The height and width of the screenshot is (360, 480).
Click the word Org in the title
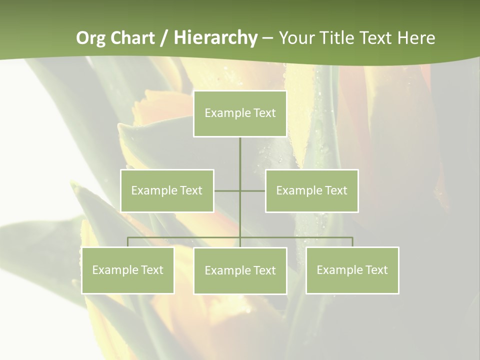(x=90, y=38)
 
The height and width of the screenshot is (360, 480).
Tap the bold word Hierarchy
(x=215, y=38)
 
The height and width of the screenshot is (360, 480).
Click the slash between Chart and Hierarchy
(x=164, y=38)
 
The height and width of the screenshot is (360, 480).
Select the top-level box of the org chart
(x=240, y=113)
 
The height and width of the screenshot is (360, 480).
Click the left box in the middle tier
(x=167, y=190)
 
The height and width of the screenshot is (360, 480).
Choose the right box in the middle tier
(x=311, y=190)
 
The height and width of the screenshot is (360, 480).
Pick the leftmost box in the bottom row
(x=127, y=270)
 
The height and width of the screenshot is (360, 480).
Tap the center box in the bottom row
(x=240, y=271)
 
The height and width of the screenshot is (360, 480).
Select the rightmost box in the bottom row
(x=352, y=270)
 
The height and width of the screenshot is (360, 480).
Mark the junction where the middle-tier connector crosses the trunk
(x=240, y=190)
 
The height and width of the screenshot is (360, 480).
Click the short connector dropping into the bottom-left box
(x=127, y=242)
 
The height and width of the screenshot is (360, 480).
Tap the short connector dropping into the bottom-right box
(x=352, y=242)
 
